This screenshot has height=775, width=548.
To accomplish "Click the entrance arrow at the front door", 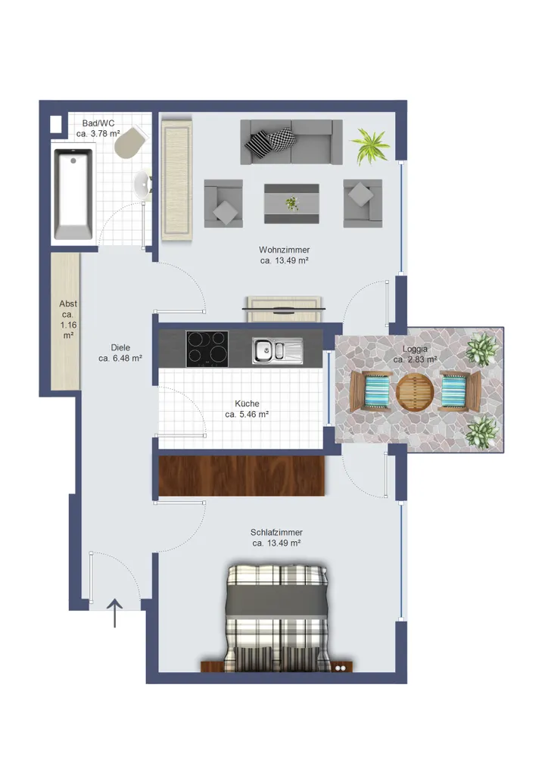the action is pyautogui.click(x=114, y=613).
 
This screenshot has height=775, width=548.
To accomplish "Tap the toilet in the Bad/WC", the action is pyautogui.click(x=130, y=142).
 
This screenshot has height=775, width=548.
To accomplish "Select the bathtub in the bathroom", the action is pyautogui.click(x=73, y=194).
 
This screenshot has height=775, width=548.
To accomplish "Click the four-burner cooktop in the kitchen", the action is pyautogui.click(x=207, y=349).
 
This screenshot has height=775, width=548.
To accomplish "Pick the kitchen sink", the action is pyautogui.click(x=278, y=350).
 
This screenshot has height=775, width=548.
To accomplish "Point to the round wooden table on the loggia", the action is pyautogui.click(x=415, y=391).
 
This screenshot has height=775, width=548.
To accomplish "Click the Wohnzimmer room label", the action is pyautogui.click(x=284, y=250).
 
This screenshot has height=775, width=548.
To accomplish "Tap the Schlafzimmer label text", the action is pyautogui.click(x=276, y=532).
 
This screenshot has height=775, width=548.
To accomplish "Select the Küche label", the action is pyautogui.click(x=247, y=403).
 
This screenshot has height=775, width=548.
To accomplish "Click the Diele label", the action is pyautogui.click(x=120, y=347).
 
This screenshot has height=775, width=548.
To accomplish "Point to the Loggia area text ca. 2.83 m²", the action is pyautogui.click(x=415, y=359).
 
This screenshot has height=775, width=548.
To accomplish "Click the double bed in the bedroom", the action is pyautogui.click(x=277, y=618).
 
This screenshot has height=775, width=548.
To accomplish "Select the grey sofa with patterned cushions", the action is pyautogui.click(x=291, y=142).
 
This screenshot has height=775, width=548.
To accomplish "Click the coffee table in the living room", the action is pyautogui.click(x=291, y=204).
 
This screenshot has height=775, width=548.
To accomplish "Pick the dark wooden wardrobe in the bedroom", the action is pyautogui.click(x=241, y=476).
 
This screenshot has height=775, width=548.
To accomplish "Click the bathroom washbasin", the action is pyautogui.click(x=144, y=185).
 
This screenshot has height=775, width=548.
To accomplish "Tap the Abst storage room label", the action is pyautogui.click(x=68, y=303).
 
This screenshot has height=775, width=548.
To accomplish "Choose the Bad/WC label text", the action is pyautogui.click(x=98, y=123).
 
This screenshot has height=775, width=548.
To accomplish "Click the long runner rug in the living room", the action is pyautogui.click(x=177, y=180).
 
